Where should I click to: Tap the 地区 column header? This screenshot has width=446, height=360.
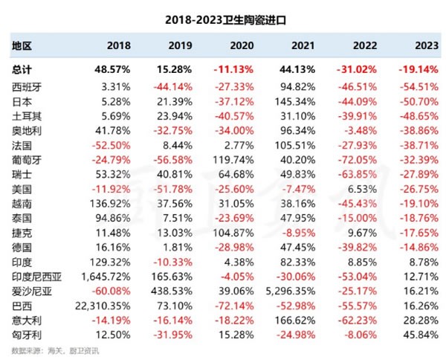[x=22, y=46]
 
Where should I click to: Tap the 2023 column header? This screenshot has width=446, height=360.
[x=424, y=46]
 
